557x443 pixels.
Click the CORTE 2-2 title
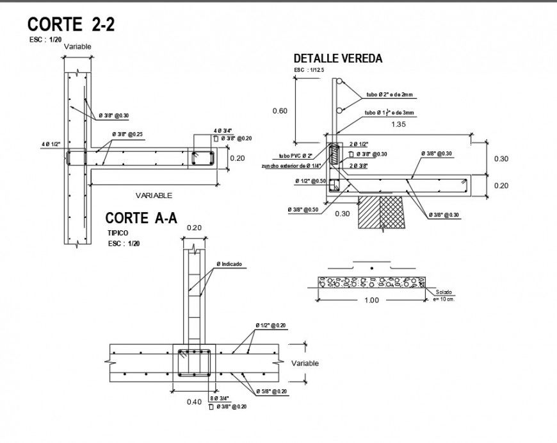71,24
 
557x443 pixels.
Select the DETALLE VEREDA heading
337,58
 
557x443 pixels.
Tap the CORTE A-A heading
141,218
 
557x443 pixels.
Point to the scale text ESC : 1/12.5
309,70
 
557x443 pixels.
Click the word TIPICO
118,233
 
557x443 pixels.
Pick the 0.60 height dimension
280,111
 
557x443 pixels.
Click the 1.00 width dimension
371,300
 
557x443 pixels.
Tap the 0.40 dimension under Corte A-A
194,402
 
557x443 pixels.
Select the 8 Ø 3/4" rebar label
221,399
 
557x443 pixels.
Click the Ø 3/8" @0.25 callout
127,135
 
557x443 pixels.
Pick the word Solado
439,292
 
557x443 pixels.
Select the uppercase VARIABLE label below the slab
154,196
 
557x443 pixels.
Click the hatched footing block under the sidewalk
382,212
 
